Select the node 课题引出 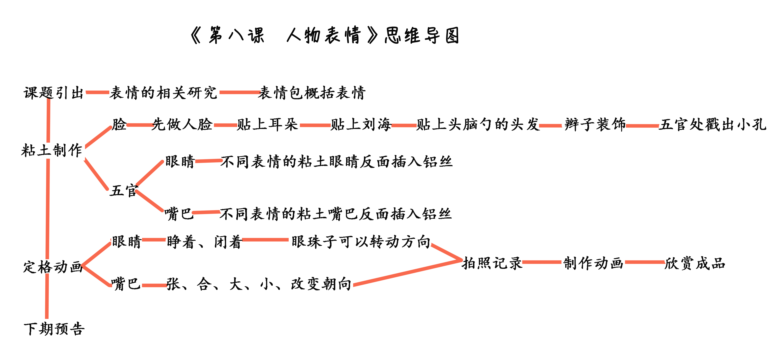tap(54, 92)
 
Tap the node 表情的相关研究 tap(163, 92)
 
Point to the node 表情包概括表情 tap(312, 92)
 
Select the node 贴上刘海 tap(361, 124)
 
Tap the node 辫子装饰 tap(595, 124)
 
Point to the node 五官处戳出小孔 tap(712, 124)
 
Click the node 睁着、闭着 tap(204, 242)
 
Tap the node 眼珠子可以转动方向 tap(361, 242)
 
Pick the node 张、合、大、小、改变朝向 tap(259, 284)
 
